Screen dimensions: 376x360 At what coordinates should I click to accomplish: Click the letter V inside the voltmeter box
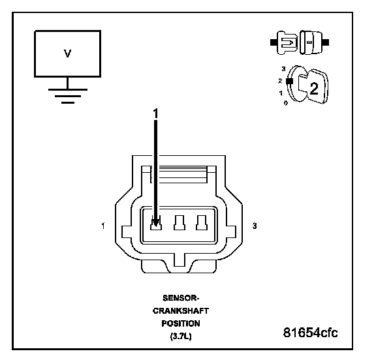[68, 53]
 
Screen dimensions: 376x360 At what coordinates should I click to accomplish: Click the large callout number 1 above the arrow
[156, 113]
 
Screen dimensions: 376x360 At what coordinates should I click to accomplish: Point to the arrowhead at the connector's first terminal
[155, 223]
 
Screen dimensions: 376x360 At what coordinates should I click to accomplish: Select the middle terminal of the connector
[180, 223]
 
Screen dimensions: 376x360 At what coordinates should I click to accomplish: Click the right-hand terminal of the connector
[202, 223]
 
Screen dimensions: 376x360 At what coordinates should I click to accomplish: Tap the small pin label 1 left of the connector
[103, 226]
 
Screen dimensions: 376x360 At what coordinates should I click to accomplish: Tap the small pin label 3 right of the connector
[255, 226]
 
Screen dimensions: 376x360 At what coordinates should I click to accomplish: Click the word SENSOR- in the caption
[181, 298]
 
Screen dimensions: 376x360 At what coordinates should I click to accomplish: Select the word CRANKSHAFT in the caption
[181, 311]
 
